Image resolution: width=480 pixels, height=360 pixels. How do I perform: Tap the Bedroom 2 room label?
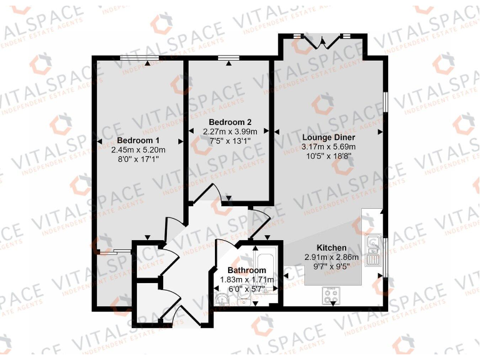(x=229, y=121)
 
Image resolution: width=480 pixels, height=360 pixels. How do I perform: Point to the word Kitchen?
(x=331, y=247)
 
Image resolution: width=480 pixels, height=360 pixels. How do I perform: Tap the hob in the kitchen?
(x=332, y=293)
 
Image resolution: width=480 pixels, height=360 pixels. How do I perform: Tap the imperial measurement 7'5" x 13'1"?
(x=229, y=141)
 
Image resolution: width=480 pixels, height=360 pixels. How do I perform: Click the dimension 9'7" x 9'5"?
(x=331, y=266)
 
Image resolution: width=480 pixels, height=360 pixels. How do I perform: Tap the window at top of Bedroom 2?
(x=229, y=58)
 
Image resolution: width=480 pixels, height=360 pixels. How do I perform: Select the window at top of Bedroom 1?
(x=139, y=58)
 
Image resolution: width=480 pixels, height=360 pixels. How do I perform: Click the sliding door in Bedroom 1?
(x=114, y=252)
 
